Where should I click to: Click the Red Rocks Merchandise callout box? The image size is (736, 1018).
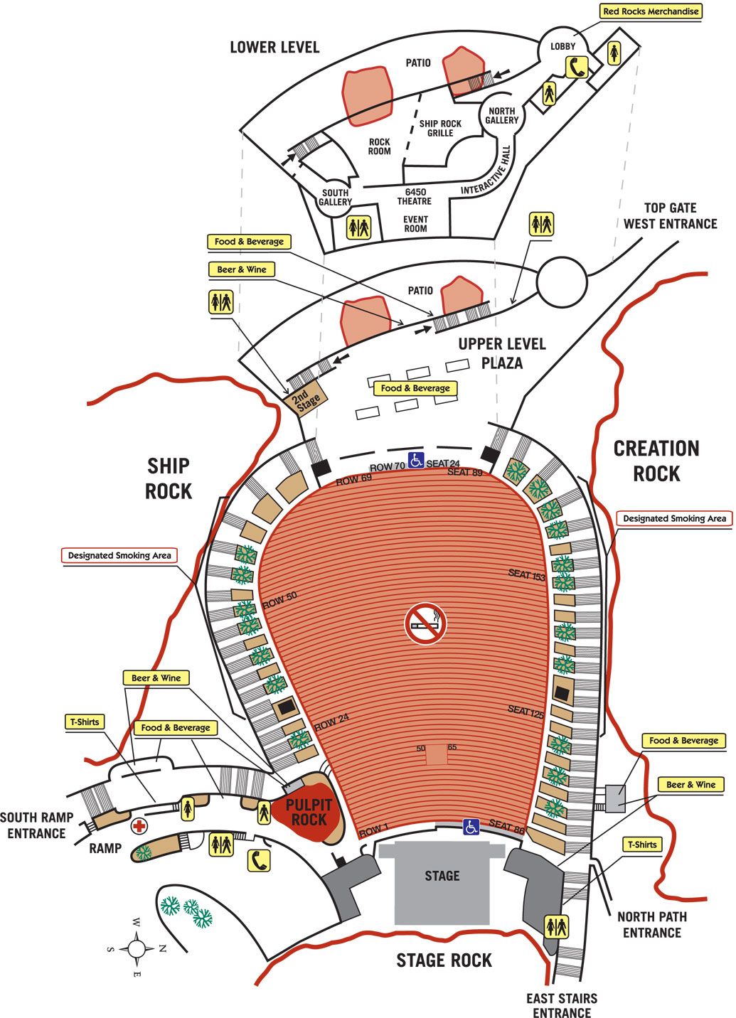(651, 11)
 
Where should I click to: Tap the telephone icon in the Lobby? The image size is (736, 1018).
(576, 67)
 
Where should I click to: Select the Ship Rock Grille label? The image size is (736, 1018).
(440, 128)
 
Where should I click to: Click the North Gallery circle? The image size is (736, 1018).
(502, 116)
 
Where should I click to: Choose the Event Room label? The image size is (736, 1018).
(415, 224)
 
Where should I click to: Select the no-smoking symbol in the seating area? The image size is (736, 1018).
(425, 624)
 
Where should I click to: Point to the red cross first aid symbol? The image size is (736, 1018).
(139, 826)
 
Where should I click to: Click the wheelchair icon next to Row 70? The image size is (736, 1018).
(416, 460)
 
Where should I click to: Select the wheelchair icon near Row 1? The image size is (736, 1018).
(471, 827)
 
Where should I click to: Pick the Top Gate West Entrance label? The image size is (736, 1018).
(670, 216)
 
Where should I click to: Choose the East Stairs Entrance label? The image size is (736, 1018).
(562, 1004)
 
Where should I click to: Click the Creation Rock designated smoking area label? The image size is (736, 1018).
(674, 518)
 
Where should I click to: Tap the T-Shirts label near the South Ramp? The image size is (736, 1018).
(84, 722)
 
